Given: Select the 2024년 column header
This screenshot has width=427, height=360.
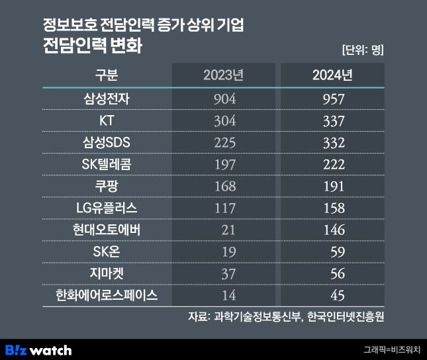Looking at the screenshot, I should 332,74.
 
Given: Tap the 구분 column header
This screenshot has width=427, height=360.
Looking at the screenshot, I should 107,74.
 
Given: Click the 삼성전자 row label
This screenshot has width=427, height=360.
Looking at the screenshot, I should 107,99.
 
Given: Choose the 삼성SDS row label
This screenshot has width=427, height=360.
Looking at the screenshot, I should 107,143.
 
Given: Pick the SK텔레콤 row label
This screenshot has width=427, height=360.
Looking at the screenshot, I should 107,165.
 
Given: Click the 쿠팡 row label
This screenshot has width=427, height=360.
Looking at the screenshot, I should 107,187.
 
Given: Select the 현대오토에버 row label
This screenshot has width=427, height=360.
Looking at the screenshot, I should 107,230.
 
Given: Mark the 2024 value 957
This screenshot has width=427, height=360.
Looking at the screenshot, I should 332,99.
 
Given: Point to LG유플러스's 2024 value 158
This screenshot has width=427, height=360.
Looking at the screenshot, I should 332,208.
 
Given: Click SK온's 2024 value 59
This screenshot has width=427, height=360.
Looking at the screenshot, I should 336,251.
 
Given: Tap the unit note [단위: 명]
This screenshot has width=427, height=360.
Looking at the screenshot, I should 363,50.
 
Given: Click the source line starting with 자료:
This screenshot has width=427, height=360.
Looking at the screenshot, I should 286,316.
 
